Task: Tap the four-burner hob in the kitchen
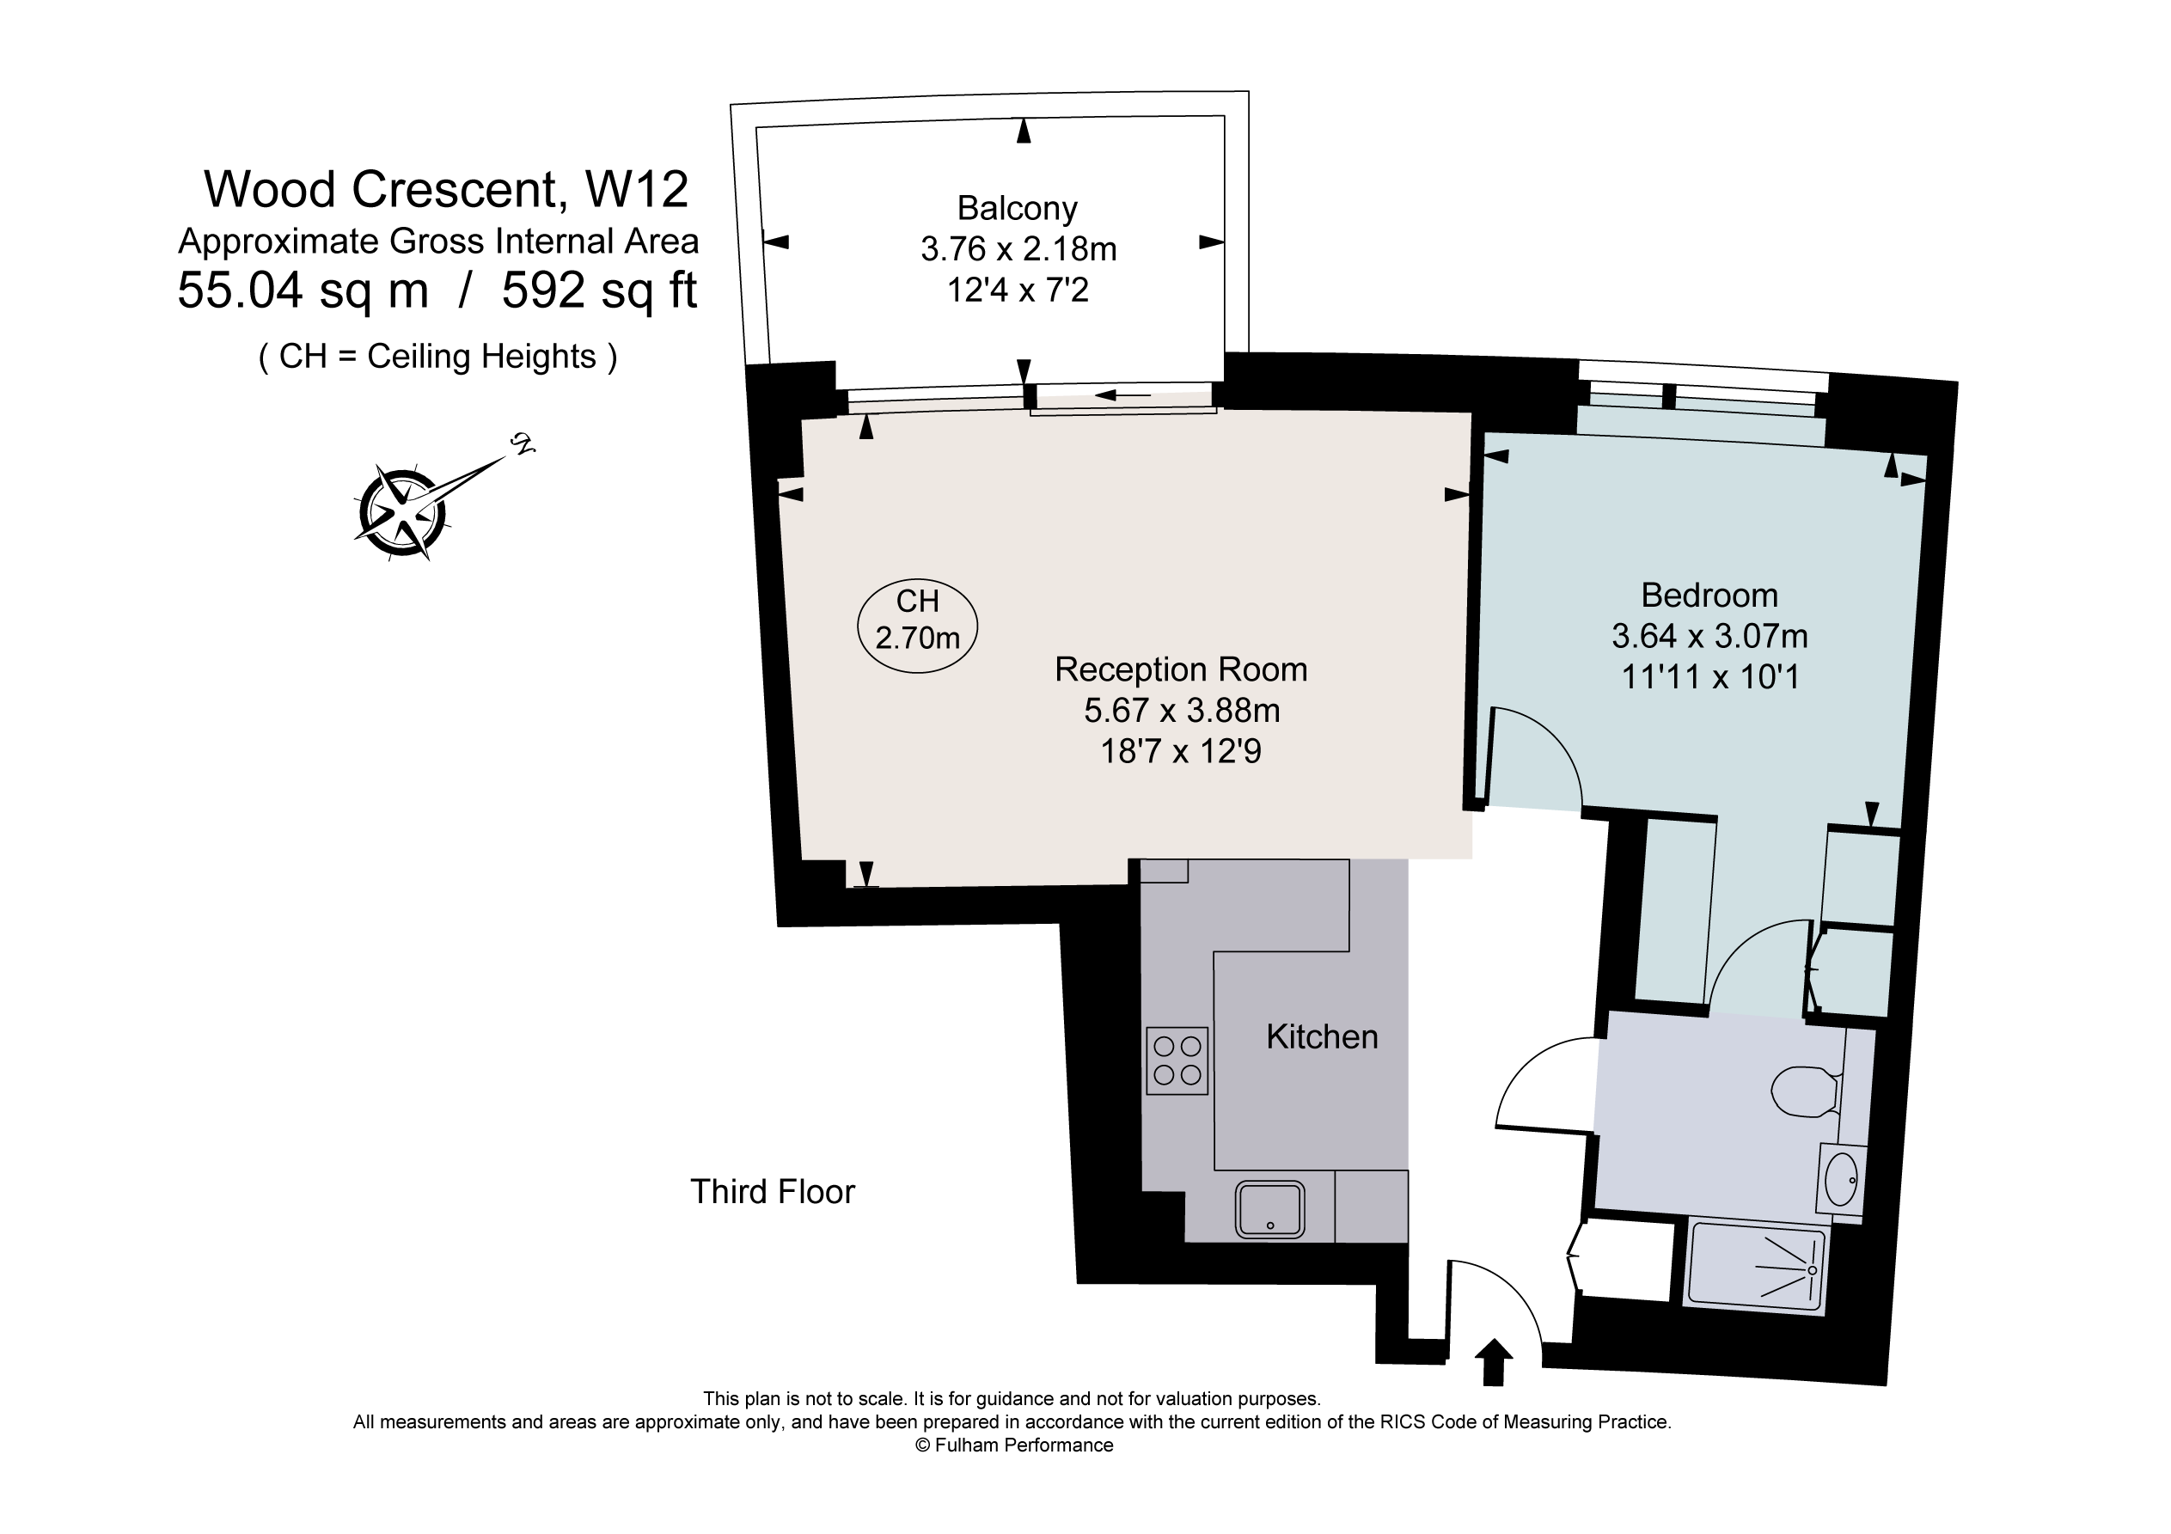(1177, 1060)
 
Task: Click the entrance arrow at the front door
(1494, 1362)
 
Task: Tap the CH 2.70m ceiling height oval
(917, 626)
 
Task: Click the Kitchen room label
(1322, 1037)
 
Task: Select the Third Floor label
(773, 1192)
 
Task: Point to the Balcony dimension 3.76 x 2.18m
(1018, 248)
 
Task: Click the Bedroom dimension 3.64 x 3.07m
(1709, 636)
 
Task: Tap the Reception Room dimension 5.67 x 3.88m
(1182, 709)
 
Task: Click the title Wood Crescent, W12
(446, 189)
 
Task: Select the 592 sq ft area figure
(600, 290)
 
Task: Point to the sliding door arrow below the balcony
(1122, 395)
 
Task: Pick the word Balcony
(1018, 208)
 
